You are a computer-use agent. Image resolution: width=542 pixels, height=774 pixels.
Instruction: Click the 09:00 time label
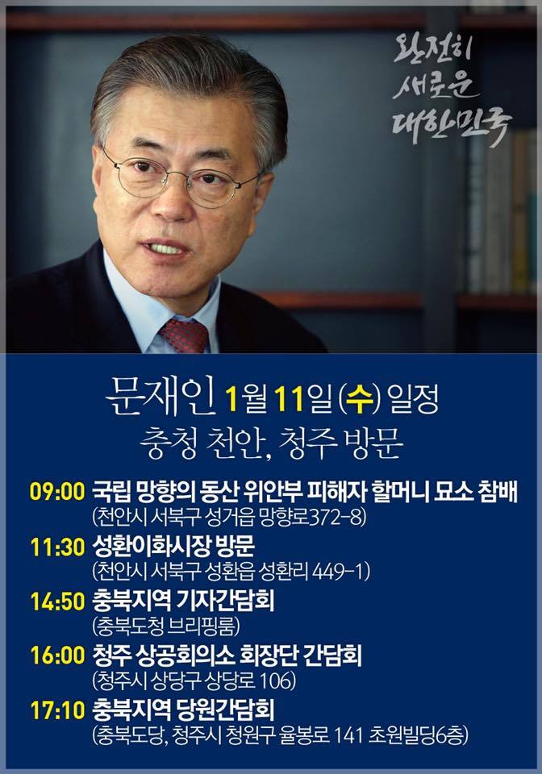tap(57, 492)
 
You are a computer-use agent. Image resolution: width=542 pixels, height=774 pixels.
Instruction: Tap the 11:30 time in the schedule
tap(57, 547)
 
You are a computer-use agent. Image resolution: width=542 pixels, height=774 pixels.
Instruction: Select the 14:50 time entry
tap(57, 601)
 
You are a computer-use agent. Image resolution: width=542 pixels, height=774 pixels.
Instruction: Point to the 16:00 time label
tap(57, 655)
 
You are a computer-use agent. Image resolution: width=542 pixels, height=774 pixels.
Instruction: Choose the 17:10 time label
tap(57, 710)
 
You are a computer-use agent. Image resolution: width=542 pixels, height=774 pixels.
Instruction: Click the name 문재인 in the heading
tap(161, 397)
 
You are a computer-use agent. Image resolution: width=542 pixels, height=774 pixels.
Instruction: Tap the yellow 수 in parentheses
tap(360, 399)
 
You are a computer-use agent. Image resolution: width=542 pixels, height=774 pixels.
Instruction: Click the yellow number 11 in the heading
tap(288, 399)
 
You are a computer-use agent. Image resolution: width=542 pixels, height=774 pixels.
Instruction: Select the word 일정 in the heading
tap(414, 399)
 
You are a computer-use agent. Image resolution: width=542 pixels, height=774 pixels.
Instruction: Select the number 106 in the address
tap(276, 680)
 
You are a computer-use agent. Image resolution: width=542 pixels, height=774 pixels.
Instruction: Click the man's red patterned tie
tap(183, 335)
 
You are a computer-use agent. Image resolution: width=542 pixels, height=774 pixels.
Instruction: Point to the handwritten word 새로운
tap(435, 85)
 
